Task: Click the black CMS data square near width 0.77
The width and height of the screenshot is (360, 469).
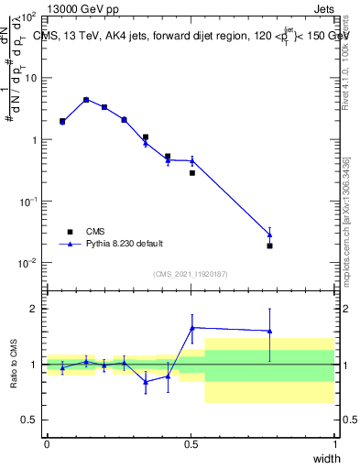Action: [x=269, y=245]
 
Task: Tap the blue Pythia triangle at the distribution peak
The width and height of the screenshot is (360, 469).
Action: [x=86, y=100]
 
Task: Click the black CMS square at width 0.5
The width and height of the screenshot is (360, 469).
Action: [x=192, y=172]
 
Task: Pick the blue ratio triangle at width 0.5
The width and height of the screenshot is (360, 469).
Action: [x=192, y=327]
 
